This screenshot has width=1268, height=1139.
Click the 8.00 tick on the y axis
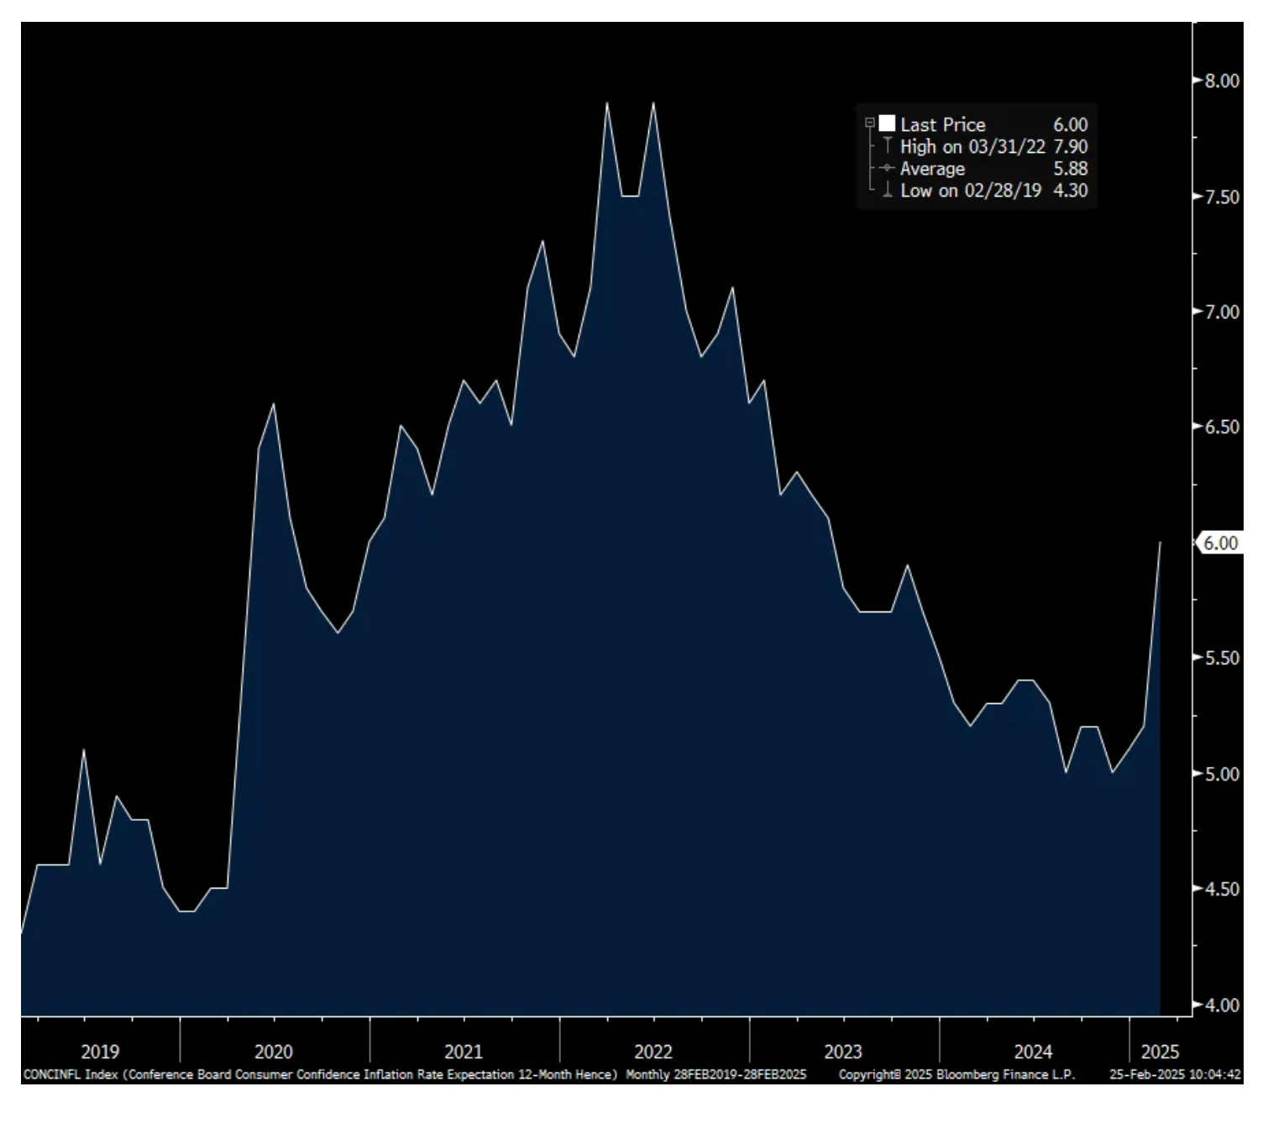1222,81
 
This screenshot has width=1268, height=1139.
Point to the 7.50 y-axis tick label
1222,197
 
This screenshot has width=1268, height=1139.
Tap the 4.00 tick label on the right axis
1222,1005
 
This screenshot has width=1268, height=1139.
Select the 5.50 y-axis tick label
1222,658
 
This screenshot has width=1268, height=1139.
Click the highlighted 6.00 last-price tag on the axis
1220,543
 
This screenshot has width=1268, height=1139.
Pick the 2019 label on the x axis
100,1051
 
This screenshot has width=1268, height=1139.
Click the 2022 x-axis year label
653,1051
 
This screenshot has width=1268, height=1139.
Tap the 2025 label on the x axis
1160,1051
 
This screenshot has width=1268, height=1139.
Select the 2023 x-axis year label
843,1051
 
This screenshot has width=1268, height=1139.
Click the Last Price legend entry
942,124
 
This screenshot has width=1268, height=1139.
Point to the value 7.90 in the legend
1071,146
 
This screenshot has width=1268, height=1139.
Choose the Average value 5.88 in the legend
1071,168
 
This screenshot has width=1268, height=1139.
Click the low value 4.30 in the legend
1071,190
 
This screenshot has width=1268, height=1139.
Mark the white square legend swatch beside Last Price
887,123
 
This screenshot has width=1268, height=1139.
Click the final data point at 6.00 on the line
1160,543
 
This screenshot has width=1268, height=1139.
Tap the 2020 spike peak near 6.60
274,405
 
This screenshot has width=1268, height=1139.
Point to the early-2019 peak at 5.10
84,749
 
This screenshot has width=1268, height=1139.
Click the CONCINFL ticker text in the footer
52,1074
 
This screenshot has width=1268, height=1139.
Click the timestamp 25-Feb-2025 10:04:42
1175,1074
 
